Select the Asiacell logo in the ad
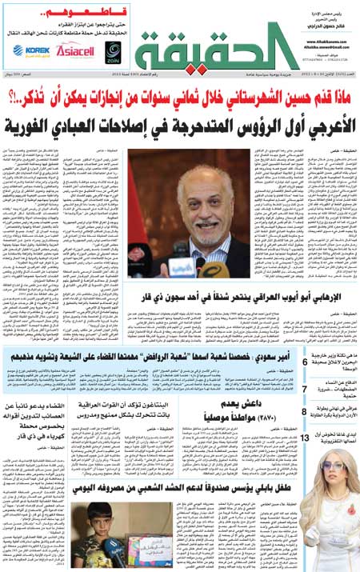tap(74, 50)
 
